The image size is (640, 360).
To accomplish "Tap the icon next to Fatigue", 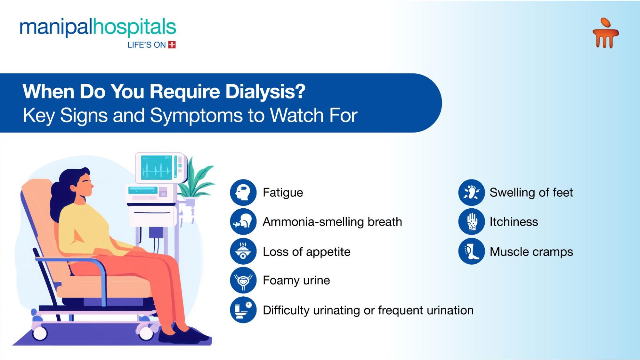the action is point(243,192).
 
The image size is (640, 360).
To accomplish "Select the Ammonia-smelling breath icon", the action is point(243,221).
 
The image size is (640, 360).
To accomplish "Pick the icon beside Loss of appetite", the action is point(243,251).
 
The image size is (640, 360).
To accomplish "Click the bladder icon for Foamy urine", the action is point(243,280).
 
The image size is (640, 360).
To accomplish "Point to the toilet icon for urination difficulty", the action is point(243,310).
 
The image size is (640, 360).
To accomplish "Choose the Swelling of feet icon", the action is point(471,192).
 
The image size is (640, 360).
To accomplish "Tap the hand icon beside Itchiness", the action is point(471,221).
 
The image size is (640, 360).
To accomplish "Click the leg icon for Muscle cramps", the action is point(471,251).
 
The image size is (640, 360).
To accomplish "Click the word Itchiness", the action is point(514,222).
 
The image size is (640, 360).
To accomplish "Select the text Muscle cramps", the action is point(531,252).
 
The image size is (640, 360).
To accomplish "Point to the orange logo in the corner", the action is point(605,33).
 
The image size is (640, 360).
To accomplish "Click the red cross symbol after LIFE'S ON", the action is point(172,45).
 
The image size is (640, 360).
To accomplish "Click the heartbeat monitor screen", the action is point(157,168).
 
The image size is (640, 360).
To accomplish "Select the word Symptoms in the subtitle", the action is point(196,115).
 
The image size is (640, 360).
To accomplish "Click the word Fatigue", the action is point(283,192).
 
